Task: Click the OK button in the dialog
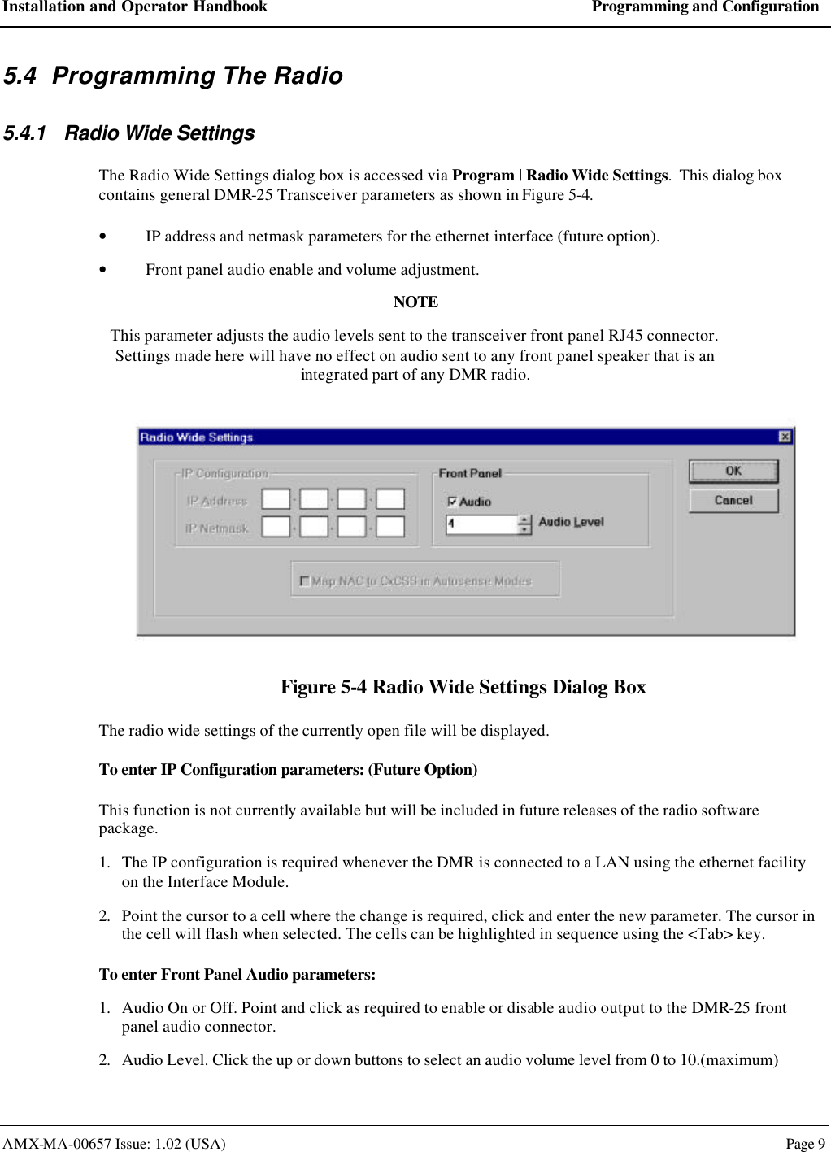click(733, 472)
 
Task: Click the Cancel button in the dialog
click(733, 501)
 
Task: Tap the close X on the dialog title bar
click(785, 437)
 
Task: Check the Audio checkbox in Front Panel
click(453, 502)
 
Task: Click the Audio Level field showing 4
click(481, 524)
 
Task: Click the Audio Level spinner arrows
click(525, 524)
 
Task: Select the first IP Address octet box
click(276, 500)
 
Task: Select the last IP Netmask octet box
click(390, 527)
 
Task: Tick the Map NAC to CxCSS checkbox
click(305, 580)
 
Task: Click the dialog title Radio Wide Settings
click(197, 437)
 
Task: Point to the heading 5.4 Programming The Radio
click(173, 76)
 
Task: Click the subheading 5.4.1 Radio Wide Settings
click(129, 133)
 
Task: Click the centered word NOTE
click(415, 302)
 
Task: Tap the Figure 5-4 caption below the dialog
click(463, 687)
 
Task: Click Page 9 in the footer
click(805, 1144)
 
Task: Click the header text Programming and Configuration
click(705, 7)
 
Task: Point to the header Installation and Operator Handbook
click(135, 7)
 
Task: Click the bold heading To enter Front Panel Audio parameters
click(237, 974)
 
